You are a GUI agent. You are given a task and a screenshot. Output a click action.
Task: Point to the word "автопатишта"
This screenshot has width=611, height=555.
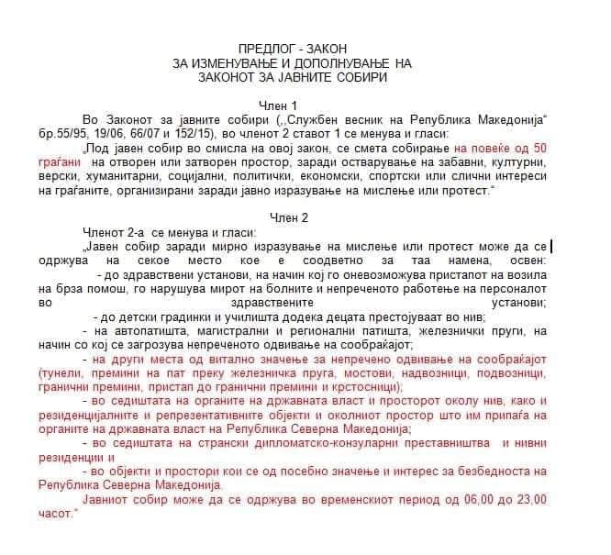tap(146, 329)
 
